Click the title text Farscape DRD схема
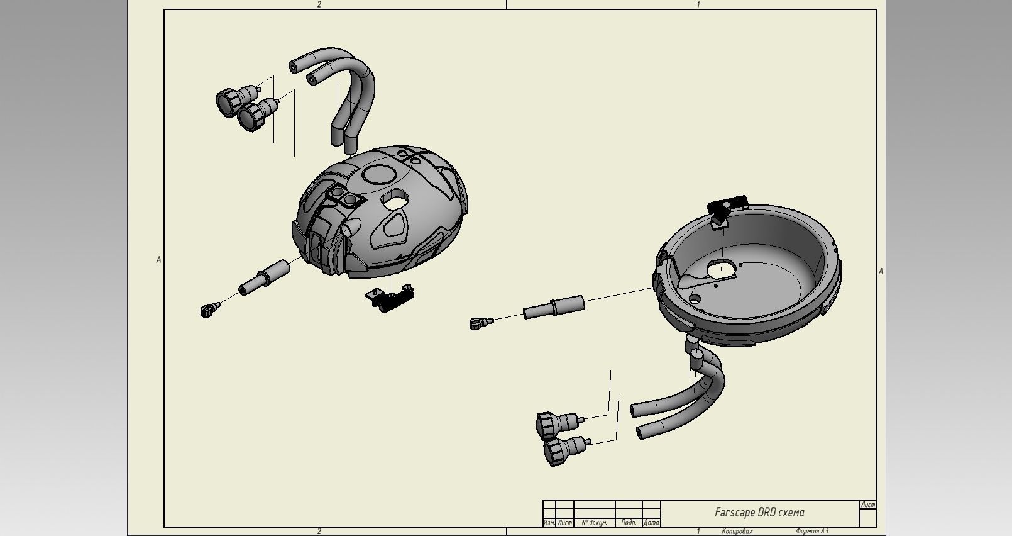tap(759, 512)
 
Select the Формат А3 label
tap(811, 532)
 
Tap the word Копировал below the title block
tap(737, 532)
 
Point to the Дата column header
tap(651, 523)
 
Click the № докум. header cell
tap(594, 523)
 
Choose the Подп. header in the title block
tap(629, 523)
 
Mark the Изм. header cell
tap(549, 523)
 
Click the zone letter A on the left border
tap(158, 260)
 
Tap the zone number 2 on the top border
tap(319, 4)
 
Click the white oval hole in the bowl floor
tap(721, 270)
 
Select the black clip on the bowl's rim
tap(727, 206)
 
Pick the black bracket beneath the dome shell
tap(392, 297)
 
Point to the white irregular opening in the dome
tap(395, 200)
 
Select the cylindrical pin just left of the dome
tap(265, 277)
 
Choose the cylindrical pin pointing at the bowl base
tap(554, 308)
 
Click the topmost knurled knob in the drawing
tap(229, 101)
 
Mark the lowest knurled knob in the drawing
tap(556, 451)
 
